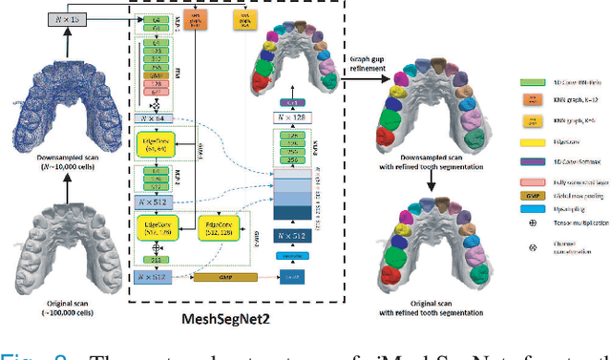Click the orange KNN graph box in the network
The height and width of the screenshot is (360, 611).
click(188, 20)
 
